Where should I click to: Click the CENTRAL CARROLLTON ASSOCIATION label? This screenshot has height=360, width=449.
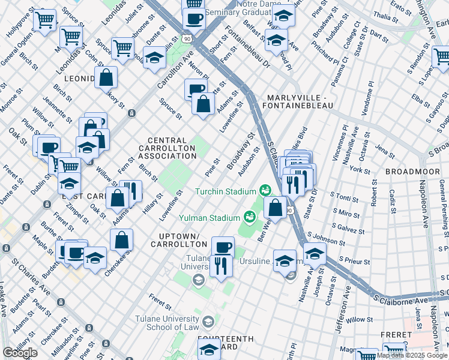167,148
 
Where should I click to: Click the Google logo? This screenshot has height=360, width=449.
20,353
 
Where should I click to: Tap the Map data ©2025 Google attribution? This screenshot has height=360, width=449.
412,355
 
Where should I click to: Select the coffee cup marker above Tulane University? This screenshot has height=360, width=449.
223,247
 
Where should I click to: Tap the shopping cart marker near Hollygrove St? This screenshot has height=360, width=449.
44,20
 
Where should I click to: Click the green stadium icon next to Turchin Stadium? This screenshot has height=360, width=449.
264,191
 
